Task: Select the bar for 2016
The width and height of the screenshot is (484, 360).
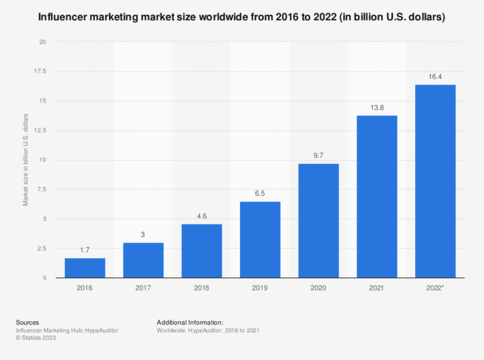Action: click(x=85, y=268)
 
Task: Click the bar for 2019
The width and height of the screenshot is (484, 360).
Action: click(x=260, y=240)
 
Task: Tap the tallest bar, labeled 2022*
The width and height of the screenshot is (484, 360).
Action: click(x=435, y=181)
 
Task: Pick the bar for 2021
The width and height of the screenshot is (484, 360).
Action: click(x=376, y=196)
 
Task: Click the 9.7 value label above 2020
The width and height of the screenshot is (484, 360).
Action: click(x=318, y=155)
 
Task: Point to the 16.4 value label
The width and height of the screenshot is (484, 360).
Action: click(x=435, y=76)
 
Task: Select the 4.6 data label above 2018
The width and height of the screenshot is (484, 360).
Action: click(x=201, y=215)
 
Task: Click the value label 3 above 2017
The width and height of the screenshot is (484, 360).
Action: click(x=143, y=234)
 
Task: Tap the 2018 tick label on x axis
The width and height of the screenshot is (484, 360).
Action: click(x=201, y=289)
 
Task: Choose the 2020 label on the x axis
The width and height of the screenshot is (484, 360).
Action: click(x=318, y=289)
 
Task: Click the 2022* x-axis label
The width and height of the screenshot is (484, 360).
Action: click(x=436, y=289)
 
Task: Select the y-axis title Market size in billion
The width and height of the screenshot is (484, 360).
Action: click(x=26, y=159)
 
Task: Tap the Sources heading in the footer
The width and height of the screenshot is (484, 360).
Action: click(x=28, y=322)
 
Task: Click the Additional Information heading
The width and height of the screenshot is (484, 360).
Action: click(x=189, y=322)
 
